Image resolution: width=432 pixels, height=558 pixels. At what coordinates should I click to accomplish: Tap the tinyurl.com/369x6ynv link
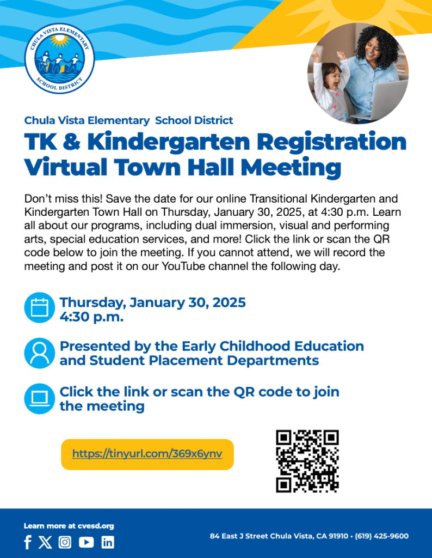pos(147,453)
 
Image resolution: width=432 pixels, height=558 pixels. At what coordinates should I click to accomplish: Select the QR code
pos(307,461)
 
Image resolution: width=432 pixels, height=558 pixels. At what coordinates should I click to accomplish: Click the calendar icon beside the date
pos(40,307)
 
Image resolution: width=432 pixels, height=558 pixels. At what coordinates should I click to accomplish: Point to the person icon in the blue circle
pos(40,353)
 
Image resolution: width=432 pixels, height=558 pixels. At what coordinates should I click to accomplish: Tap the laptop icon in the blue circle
pos(40,398)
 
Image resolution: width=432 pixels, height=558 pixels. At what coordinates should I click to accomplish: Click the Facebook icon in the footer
pos(28,542)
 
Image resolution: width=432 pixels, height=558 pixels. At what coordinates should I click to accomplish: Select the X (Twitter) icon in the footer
pos(45,542)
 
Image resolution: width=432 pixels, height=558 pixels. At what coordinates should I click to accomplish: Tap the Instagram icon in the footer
pos(65,542)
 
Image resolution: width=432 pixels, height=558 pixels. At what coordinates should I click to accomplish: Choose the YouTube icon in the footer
pos(86,542)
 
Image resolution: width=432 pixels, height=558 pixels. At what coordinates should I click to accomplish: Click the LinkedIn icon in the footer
pos(108,542)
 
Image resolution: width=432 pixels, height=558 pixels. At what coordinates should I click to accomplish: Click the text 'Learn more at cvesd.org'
pos(69,526)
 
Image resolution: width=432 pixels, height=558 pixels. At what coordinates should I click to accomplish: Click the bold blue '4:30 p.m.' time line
pos(91,316)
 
